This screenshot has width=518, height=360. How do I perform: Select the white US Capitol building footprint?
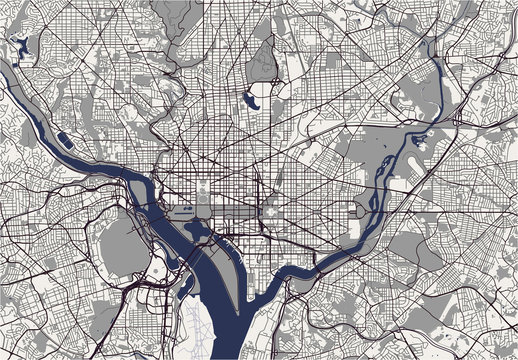click(269, 212)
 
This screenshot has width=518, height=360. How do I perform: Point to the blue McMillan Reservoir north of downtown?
click(250, 101)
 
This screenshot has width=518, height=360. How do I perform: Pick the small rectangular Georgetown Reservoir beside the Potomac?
click(63, 140)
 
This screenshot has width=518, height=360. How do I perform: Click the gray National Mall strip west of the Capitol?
click(236, 213)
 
